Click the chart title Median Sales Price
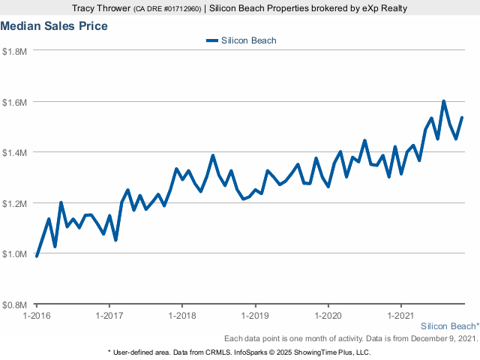54,26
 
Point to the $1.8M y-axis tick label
15,51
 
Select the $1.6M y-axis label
15,102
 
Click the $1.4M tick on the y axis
15,153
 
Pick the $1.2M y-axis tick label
15,203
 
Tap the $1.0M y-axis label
15,254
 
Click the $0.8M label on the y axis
15,305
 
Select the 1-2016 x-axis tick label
37,316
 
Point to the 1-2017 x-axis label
109,316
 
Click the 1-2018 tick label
182,316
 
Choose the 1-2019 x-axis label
255,316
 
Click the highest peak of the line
444,101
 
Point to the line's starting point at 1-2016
37,256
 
